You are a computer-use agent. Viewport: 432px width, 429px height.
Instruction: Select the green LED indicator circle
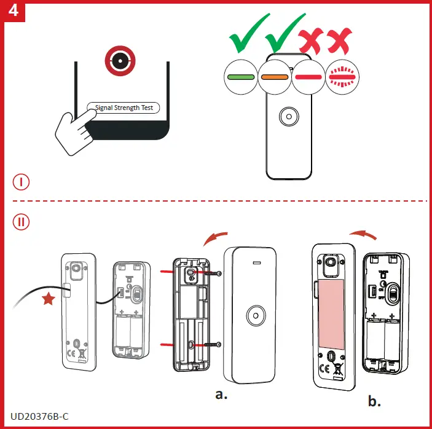click(241, 77)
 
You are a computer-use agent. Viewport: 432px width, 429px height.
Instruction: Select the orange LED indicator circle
click(275, 77)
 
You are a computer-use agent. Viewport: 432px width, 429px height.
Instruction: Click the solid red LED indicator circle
click(308, 77)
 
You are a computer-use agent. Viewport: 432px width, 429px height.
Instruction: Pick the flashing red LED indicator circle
click(342, 77)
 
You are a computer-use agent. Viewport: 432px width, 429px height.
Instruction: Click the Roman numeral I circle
click(22, 182)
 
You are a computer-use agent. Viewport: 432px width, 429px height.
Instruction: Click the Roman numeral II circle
click(22, 222)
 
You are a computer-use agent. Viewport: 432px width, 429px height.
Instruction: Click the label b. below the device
click(374, 402)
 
